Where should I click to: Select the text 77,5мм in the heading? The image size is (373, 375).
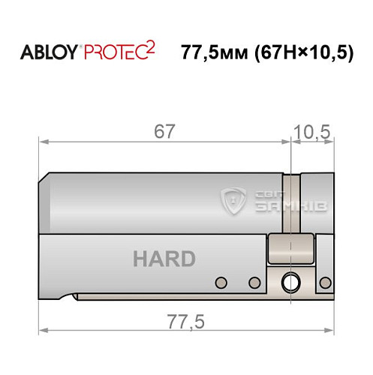pos(213,53)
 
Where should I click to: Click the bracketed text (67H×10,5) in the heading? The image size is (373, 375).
pos(304,53)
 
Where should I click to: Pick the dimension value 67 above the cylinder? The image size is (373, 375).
pos(164,132)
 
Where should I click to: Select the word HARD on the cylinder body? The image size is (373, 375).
pos(164,259)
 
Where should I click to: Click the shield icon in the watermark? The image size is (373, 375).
pos(234,200)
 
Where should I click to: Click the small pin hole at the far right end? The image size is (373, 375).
pos(326,282)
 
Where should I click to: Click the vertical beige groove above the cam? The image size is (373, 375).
pos(293,202)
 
